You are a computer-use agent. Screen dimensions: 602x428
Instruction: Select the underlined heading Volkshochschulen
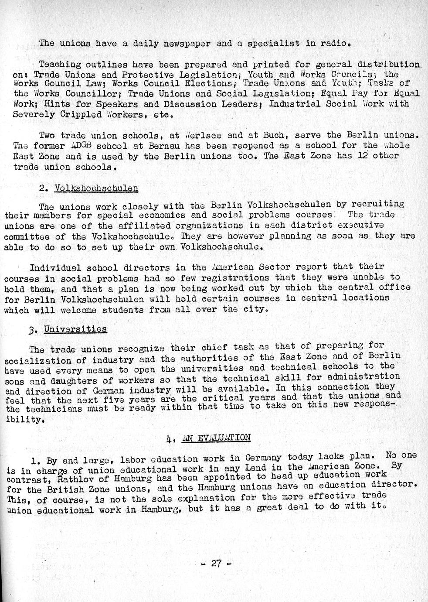click(x=96, y=188)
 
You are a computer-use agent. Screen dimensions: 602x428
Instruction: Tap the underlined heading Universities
click(x=75, y=329)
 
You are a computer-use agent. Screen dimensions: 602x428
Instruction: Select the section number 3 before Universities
click(x=31, y=330)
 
